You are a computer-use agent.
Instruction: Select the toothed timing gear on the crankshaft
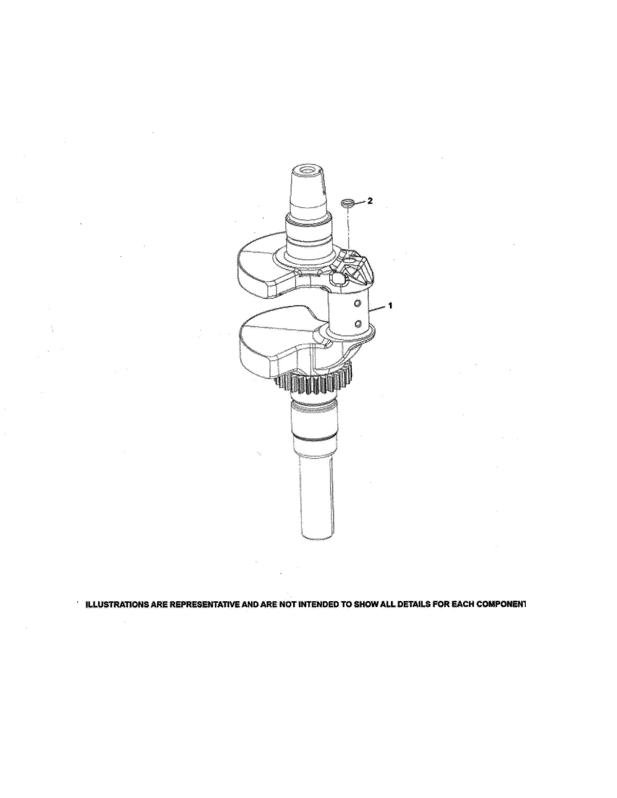[314, 384]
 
